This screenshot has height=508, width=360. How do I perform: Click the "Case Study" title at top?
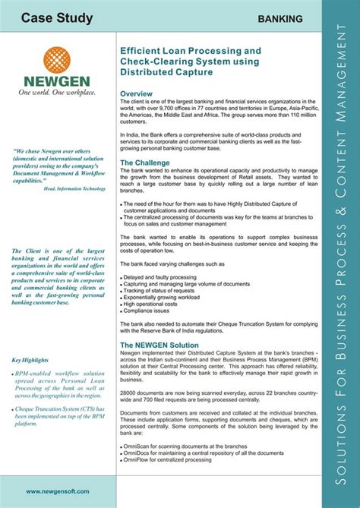[x=57, y=18]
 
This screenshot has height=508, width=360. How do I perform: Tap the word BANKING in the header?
[x=280, y=19]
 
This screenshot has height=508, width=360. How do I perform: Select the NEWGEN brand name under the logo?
[x=57, y=81]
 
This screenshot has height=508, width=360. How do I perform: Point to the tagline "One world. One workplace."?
[x=57, y=93]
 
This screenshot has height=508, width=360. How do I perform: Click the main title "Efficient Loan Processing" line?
[x=186, y=51]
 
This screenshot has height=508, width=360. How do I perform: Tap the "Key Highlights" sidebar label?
[x=31, y=360]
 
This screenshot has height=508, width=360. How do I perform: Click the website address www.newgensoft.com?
[x=57, y=491]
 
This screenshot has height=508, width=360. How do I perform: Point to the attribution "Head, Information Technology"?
[x=74, y=188]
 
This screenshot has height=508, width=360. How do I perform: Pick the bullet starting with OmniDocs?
[x=197, y=453]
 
